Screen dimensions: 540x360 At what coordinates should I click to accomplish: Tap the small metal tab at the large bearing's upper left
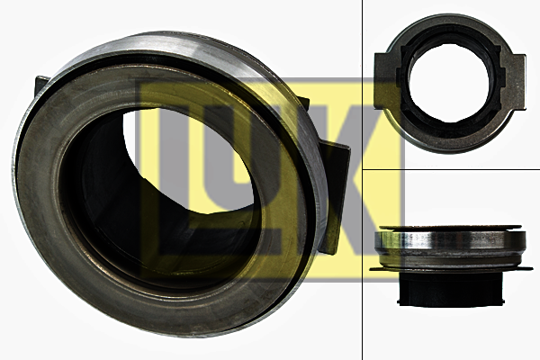tap(41, 86)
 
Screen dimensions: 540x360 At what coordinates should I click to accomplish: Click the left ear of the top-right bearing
tap(386, 82)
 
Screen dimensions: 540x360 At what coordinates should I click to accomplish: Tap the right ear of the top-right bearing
tap(514, 82)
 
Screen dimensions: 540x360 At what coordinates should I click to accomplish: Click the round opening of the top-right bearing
tap(450, 83)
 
